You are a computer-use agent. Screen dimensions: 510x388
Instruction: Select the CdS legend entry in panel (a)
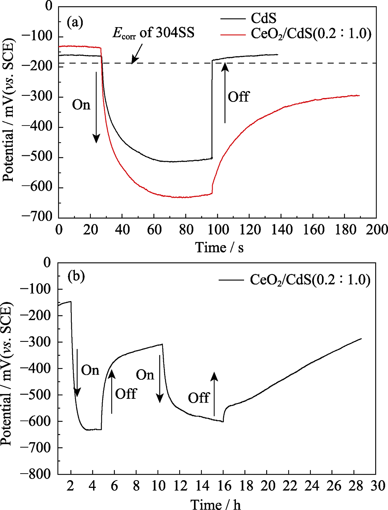coord(263,18)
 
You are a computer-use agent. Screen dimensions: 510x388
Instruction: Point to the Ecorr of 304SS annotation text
coord(153,33)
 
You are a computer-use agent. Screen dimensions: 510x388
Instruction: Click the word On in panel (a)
coord(81,105)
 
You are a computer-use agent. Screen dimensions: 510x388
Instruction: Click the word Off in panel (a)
coord(238,97)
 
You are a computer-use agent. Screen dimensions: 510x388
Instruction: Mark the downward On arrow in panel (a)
coord(96,107)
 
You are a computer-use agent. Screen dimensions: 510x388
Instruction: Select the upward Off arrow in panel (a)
coord(225,93)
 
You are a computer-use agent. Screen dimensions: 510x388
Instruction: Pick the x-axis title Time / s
coord(219,247)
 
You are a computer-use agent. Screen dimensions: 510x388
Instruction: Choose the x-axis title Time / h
coord(215,503)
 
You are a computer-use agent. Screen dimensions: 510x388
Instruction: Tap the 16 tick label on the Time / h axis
coord(224,486)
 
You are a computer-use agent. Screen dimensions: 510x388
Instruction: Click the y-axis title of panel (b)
coord(7,368)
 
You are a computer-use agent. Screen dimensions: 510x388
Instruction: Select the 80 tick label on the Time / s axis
coord(186,229)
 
